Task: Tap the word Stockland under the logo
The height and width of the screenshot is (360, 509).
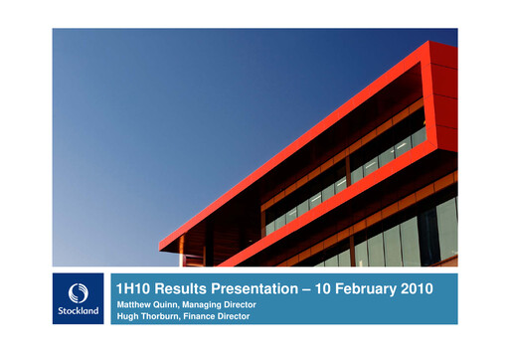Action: [x=79, y=309]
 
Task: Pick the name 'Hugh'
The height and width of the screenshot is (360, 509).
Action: [x=126, y=315]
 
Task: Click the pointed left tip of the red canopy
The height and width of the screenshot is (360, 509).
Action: [x=161, y=247]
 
